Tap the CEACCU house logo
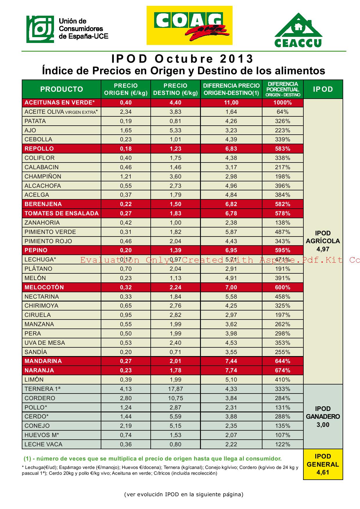(298, 30)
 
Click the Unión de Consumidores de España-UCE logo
(67, 29)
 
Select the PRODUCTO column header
(62, 89)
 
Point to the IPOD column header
(323, 89)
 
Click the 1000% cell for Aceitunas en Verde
(282, 102)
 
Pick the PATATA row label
(35, 121)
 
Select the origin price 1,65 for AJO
(126, 130)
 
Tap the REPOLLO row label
(39, 149)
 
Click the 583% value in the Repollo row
(282, 149)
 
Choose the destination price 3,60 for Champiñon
(175, 176)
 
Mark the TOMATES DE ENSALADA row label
(62, 213)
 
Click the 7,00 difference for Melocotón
(231, 287)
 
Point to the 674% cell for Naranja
(282, 370)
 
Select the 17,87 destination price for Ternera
(175, 389)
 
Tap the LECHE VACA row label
(44, 444)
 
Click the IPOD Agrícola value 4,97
(323, 249)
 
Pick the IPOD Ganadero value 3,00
(323, 425)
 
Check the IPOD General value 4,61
(323, 472)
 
